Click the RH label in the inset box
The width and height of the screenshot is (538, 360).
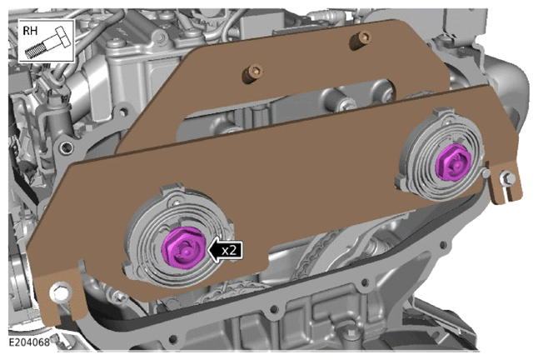point(30,31)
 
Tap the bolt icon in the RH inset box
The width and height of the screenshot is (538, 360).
point(48,42)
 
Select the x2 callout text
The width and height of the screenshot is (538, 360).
point(229,250)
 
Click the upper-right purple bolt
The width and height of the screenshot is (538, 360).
point(453,163)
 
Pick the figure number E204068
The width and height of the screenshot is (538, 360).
point(29,342)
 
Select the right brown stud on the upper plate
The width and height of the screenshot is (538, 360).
point(360,39)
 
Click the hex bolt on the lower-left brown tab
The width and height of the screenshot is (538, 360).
point(61,292)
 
